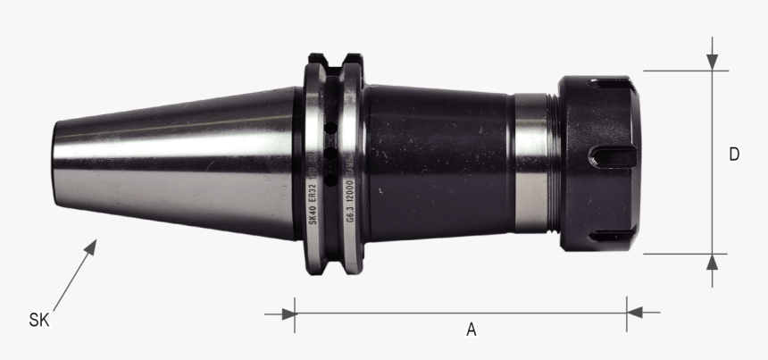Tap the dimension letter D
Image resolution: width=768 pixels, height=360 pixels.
point(733,155)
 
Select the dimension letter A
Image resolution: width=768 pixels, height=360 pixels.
point(472,329)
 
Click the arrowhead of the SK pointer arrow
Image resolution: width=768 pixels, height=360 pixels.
point(92,244)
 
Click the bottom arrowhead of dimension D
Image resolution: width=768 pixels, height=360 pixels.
point(712,262)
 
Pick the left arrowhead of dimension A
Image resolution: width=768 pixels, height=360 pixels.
point(288,313)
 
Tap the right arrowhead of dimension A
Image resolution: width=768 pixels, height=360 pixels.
point(634,313)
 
